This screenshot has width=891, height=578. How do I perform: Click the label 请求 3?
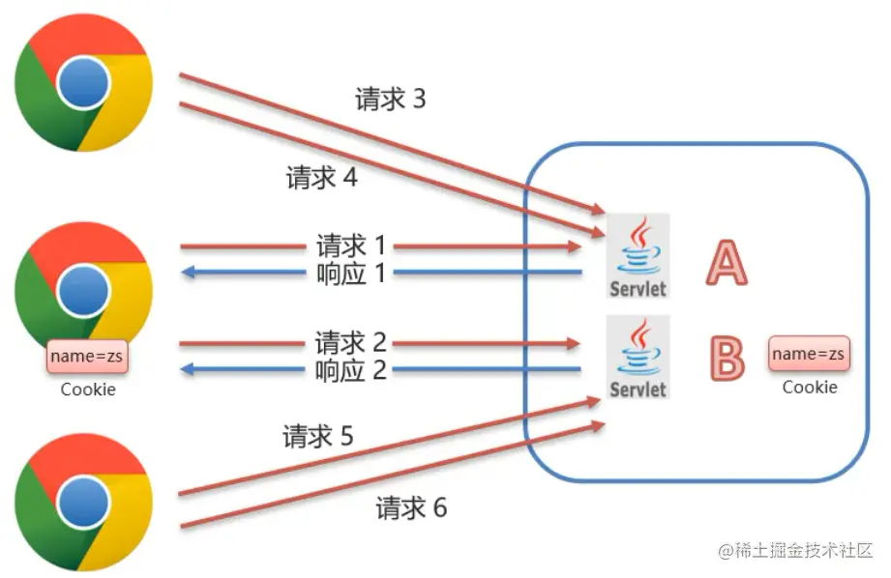pyautogui.click(x=390, y=100)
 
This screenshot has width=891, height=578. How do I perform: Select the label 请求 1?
pyautogui.click(x=350, y=246)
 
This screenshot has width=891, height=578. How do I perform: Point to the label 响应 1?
pyautogui.click(x=350, y=274)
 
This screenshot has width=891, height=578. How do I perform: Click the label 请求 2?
pyautogui.click(x=350, y=342)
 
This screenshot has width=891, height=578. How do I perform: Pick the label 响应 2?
pyautogui.click(x=350, y=369)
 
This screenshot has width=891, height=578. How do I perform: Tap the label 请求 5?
pyautogui.click(x=318, y=437)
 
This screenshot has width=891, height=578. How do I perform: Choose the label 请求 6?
pyautogui.click(x=411, y=507)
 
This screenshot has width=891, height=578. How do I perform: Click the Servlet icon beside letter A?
pyautogui.click(x=639, y=256)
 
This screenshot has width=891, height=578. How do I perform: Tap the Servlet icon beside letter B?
pyautogui.click(x=639, y=357)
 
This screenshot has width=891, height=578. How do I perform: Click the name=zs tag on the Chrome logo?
pyautogui.click(x=88, y=357)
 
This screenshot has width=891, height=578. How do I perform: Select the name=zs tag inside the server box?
pyautogui.click(x=810, y=354)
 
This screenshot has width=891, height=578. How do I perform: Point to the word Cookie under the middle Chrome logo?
pyautogui.click(x=88, y=390)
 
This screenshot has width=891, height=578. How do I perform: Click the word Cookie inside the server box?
pyautogui.click(x=810, y=387)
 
